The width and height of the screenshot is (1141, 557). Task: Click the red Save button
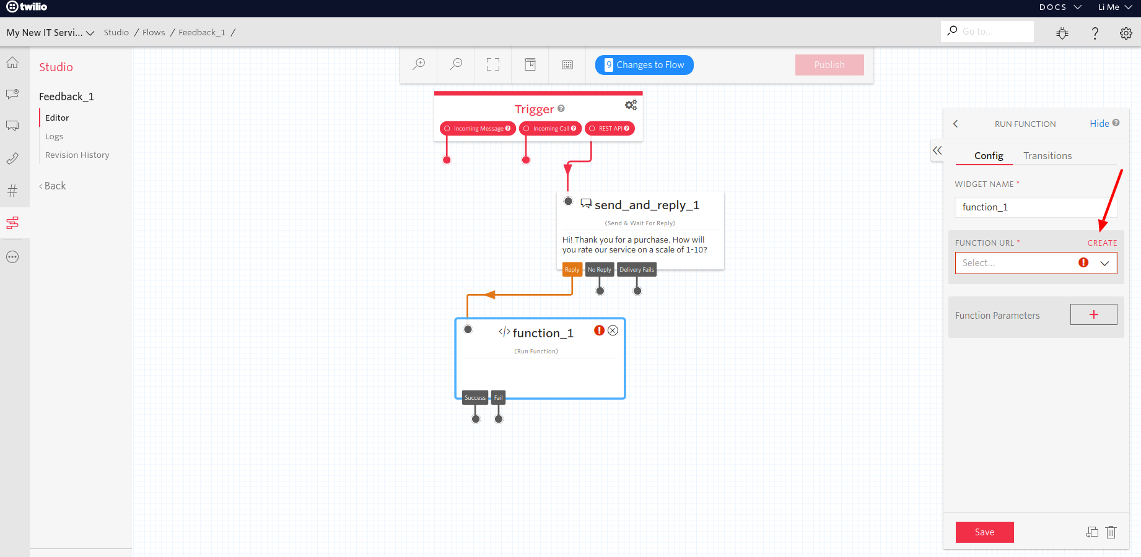point(984,532)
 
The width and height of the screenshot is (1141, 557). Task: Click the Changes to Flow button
point(644,65)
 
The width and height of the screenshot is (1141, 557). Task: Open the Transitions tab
point(1047,156)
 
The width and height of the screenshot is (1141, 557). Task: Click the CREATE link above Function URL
point(1102,243)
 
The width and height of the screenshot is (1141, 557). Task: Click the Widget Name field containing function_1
point(1036,207)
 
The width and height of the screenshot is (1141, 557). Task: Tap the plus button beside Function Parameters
point(1093,314)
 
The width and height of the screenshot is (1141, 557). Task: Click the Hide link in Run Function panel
point(1099,124)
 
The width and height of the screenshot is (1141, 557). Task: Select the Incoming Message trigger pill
point(478,129)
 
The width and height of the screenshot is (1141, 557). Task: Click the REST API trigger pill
point(610,129)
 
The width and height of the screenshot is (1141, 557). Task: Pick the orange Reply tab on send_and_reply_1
point(572,270)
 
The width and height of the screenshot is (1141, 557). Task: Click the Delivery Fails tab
point(636,270)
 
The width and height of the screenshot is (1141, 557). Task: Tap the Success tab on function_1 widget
point(475,398)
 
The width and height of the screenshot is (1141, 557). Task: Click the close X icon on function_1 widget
point(613,330)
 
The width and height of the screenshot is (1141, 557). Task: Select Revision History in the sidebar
point(77,155)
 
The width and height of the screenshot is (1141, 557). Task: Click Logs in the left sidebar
point(55,137)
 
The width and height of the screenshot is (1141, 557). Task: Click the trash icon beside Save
point(1111,532)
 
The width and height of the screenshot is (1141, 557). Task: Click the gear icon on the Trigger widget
point(631,105)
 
